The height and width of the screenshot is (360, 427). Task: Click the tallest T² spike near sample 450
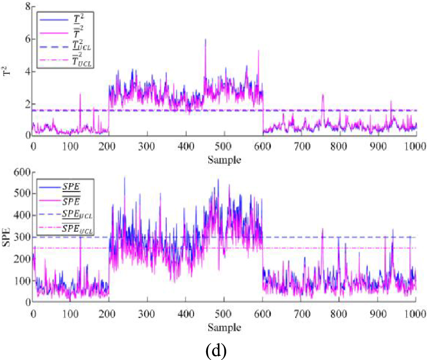click(205, 39)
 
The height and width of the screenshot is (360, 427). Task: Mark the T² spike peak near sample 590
click(258, 50)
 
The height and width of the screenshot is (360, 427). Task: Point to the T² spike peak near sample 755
click(322, 95)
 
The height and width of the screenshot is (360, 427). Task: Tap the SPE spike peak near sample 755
click(322, 228)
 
